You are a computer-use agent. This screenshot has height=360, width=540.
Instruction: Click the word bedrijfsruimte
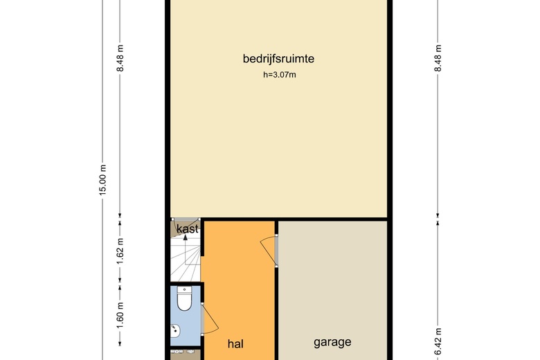(x=278, y=59)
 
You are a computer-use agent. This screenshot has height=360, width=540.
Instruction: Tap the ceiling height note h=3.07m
(x=279, y=75)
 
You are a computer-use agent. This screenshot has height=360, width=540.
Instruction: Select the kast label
(x=188, y=228)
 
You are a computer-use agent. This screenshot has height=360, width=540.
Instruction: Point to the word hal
(x=235, y=343)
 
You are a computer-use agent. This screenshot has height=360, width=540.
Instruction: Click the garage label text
(x=332, y=342)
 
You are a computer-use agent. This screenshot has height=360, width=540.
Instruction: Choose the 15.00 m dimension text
(x=103, y=180)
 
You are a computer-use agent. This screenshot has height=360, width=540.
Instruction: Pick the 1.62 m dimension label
(x=120, y=251)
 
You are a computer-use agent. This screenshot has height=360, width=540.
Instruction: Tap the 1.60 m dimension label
(x=120, y=315)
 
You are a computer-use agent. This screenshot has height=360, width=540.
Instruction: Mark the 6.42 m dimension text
(x=438, y=342)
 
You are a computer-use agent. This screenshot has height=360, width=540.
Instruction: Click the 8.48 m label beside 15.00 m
(x=120, y=58)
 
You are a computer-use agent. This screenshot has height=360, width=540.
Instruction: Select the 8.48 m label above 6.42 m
(x=438, y=58)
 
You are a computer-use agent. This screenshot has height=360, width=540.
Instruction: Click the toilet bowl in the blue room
(x=185, y=300)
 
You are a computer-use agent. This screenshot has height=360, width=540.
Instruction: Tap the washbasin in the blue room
(x=175, y=331)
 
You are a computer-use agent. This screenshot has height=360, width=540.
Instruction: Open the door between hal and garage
(x=269, y=250)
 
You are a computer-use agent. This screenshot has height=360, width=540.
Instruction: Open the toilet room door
(x=210, y=318)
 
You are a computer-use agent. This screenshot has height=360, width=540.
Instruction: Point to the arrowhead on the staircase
(x=186, y=237)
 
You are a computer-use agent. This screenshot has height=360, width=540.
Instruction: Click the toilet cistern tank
(x=185, y=289)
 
